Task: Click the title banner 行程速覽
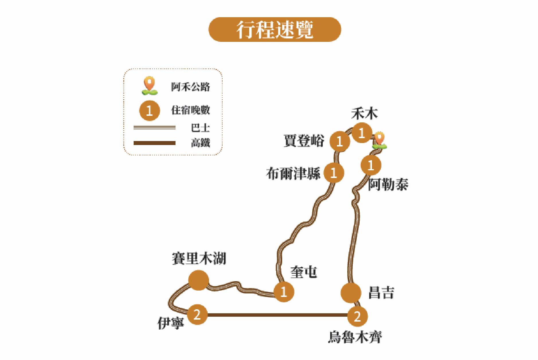click(274, 30)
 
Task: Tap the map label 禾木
click(364, 114)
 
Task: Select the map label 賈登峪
click(304, 141)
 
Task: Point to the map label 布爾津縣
click(293, 173)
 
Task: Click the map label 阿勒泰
click(388, 184)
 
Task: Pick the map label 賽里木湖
click(199, 259)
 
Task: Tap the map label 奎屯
click(303, 272)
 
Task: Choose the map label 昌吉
click(381, 293)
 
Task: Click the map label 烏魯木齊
click(355, 337)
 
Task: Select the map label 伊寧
click(171, 323)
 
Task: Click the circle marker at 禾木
click(362, 133)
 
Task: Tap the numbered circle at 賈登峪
click(340, 141)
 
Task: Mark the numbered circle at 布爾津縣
click(334, 173)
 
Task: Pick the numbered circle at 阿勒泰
click(371, 165)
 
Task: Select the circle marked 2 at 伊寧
click(197, 314)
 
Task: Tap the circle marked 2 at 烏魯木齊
click(357, 316)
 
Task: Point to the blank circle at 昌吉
click(351, 293)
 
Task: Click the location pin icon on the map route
click(379, 141)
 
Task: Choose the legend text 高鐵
click(200, 143)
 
